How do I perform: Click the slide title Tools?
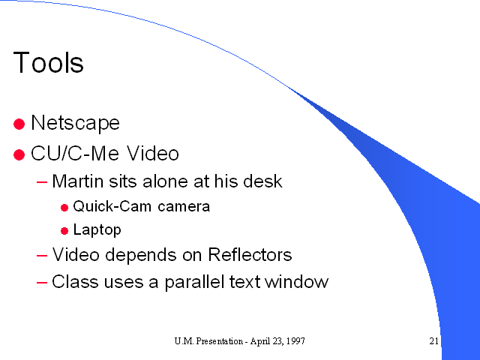pos(48,62)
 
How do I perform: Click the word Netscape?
pos(75,123)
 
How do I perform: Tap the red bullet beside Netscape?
pos(19,124)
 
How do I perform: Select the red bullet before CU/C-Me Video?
pos(19,154)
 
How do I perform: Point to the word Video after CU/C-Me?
pos(153,153)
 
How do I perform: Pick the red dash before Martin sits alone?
pos(42,182)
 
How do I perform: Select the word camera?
pos(184,207)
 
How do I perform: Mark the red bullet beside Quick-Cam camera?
pos(64,208)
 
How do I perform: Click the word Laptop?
pos(97,230)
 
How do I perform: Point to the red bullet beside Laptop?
pos(64,231)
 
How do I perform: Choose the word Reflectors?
pos(250,254)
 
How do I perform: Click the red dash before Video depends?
pos(42,255)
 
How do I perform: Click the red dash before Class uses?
pos(42,282)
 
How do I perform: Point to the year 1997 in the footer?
pos(297,341)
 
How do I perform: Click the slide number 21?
pos(433,341)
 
